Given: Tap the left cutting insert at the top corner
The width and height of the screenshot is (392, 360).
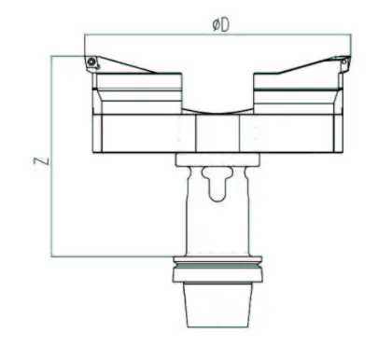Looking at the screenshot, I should (92, 62).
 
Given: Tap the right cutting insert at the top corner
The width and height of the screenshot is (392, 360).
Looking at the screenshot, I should (343, 63).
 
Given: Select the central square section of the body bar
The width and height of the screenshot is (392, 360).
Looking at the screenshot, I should (217, 132).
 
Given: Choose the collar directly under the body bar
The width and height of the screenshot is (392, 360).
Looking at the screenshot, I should (217, 160).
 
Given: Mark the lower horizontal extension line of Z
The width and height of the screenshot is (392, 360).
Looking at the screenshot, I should (112, 256).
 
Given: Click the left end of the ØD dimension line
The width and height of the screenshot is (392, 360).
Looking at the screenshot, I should (86, 35).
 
